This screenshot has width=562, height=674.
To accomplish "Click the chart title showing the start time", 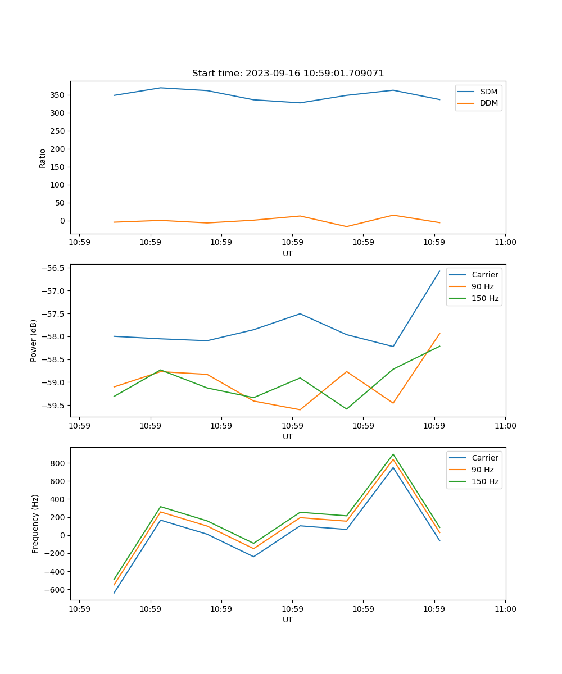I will pos(288,74).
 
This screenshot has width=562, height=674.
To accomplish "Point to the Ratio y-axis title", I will pos(43,158).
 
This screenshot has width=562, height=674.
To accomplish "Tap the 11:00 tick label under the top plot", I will pos(505,243).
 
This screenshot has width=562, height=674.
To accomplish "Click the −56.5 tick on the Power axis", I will pos(55,268).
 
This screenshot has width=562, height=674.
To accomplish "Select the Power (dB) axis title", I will pos(34,340).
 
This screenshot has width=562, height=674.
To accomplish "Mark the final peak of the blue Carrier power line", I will pos(439,271).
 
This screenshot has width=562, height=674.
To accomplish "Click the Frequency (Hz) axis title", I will pos(35,523).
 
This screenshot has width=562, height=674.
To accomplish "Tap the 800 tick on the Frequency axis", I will pos(58,463).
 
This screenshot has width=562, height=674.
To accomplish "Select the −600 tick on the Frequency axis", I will pos(56,590).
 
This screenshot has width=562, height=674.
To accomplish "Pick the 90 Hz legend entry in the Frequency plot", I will pos(483,470).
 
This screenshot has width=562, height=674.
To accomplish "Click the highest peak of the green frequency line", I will pos(393,454).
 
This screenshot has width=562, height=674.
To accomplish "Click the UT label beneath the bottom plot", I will pos(288,620).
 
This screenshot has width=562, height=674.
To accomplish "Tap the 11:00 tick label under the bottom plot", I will pos(505,609).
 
